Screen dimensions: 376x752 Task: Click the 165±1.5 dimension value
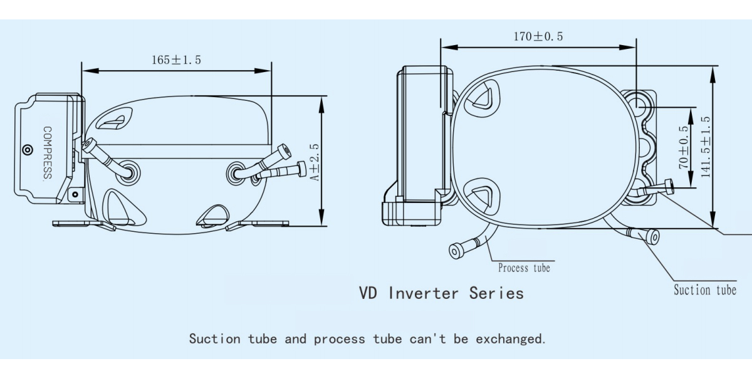point(176,60)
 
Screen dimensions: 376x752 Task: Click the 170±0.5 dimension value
point(538,36)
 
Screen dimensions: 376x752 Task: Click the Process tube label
point(524,268)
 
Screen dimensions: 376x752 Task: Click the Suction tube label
point(704,290)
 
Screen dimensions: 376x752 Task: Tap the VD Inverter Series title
point(441,293)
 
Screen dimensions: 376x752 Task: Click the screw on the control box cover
point(27,150)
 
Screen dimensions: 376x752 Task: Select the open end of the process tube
point(455,251)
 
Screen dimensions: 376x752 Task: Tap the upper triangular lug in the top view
point(484,97)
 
